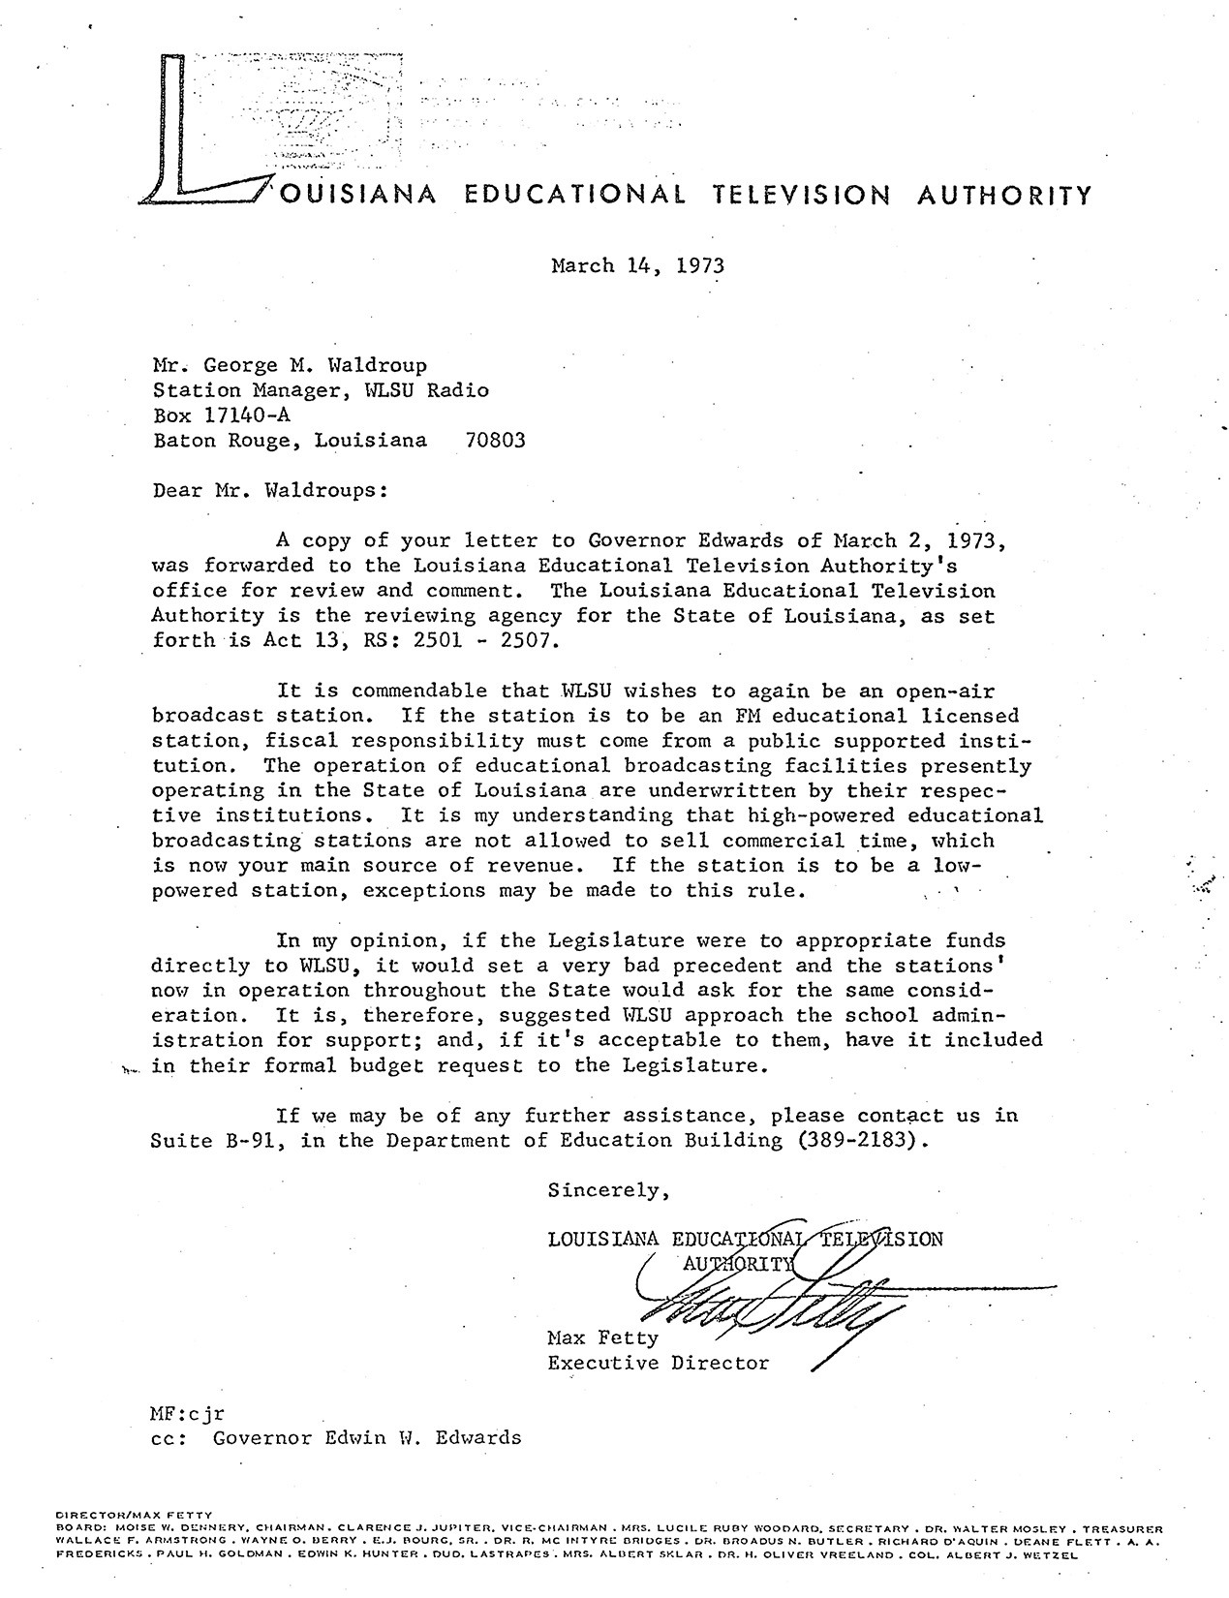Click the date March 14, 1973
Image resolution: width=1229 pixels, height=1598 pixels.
pos(637,265)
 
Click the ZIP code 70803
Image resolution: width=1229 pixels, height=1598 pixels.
pos(495,441)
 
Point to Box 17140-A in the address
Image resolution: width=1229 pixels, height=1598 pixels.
pos(221,415)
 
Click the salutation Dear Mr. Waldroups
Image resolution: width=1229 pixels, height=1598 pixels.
pos(270,490)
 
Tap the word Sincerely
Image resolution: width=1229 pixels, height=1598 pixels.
pos(608,1190)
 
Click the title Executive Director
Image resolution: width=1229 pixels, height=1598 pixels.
pos(658,1364)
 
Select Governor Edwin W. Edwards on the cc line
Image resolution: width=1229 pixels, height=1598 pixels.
pos(367,1437)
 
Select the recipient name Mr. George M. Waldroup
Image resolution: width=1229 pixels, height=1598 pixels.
pos(290,366)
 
